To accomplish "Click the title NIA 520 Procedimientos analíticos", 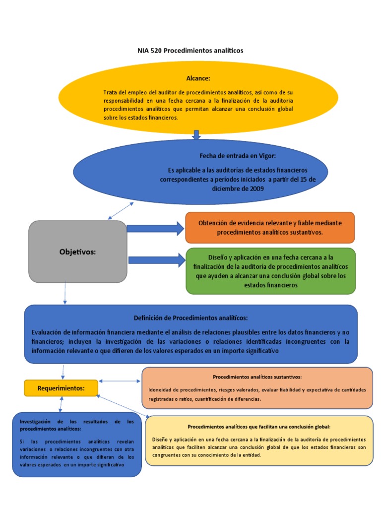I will [x=190, y=51].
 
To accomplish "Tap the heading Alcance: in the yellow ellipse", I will [x=198, y=78].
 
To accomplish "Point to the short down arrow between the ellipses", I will [x=196, y=134].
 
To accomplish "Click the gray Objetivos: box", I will [x=77, y=252].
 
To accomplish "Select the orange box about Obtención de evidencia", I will [x=270, y=228].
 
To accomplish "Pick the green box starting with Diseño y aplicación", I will [x=270, y=271].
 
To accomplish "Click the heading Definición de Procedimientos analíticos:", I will [x=190, y=317].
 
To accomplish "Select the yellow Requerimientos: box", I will [x=61, y=388].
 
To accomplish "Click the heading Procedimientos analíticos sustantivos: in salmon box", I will [x=257, y=377].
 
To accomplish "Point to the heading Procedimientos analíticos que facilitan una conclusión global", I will [x=259, y=427].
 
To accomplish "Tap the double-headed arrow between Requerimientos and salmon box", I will [x=120, y=381].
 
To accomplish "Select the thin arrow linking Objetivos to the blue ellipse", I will [x=121, y=211].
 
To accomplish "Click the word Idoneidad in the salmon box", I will [x=160, y=389].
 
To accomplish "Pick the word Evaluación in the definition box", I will [x=49, y=332].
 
